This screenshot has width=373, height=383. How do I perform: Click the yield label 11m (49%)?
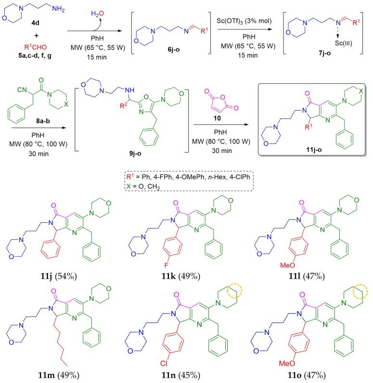61,374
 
